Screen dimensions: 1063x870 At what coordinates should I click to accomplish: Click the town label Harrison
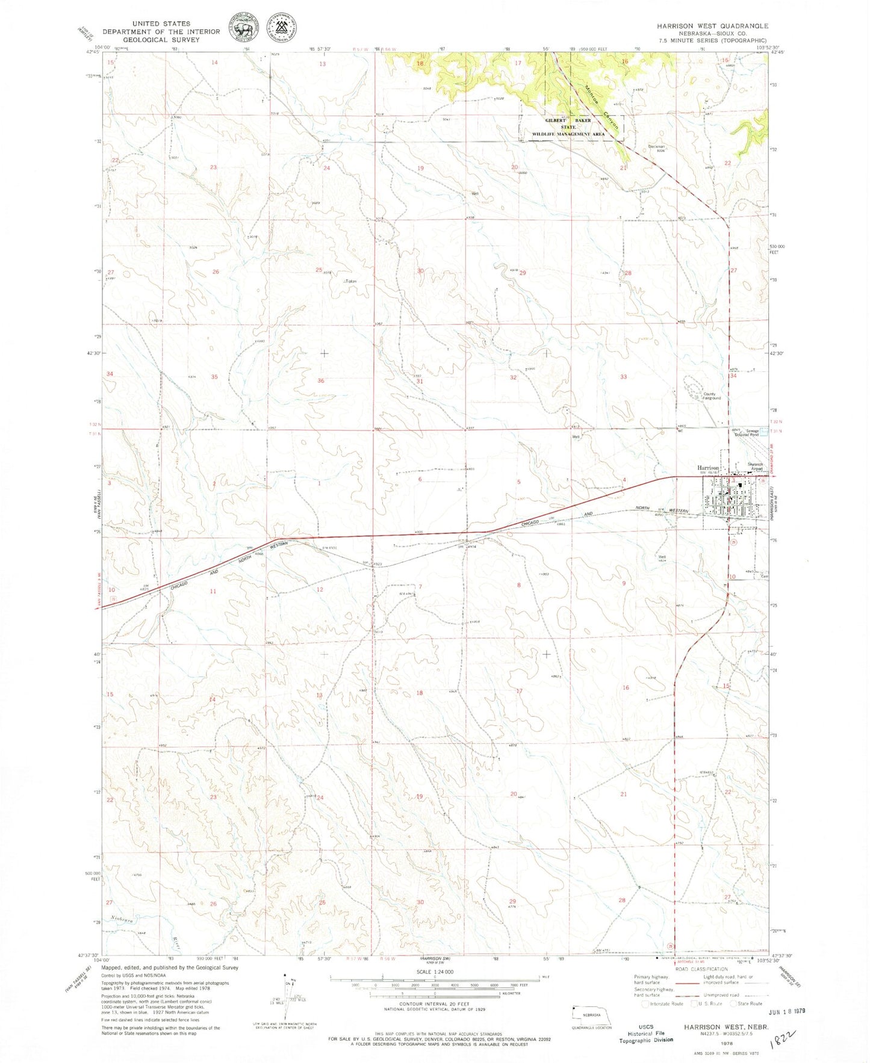709,467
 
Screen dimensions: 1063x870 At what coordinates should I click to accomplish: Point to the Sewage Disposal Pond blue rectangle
765,432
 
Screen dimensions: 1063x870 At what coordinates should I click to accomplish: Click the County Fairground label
712,396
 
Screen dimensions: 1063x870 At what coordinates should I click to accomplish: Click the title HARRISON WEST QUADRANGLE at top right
712,26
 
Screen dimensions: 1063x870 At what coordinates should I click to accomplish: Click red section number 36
321,380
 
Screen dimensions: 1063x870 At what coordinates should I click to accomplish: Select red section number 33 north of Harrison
624,377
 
